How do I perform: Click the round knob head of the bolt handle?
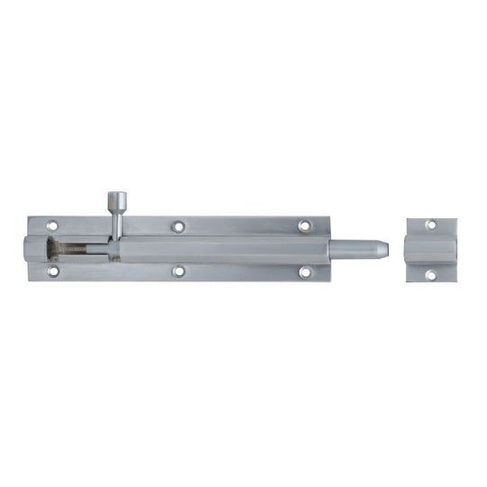[x=117, y=199]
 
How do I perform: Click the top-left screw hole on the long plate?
[x=52, y=225]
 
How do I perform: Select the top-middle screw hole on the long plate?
[x=179, y=226]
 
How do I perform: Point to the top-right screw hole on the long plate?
[x=304, y=225]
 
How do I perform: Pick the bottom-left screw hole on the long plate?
[x=52, y=270]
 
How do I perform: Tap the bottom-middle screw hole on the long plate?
[x=179, y=271]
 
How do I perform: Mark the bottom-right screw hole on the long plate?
[x=304, y=271]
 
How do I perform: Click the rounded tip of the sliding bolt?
[x=383, y=248]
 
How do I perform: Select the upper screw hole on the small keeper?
[x=431, y=225]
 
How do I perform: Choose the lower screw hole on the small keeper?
[x=431, y=273]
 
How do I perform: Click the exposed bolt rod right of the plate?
[x=356, y=248]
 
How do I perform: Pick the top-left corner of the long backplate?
[x=29, y=216]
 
